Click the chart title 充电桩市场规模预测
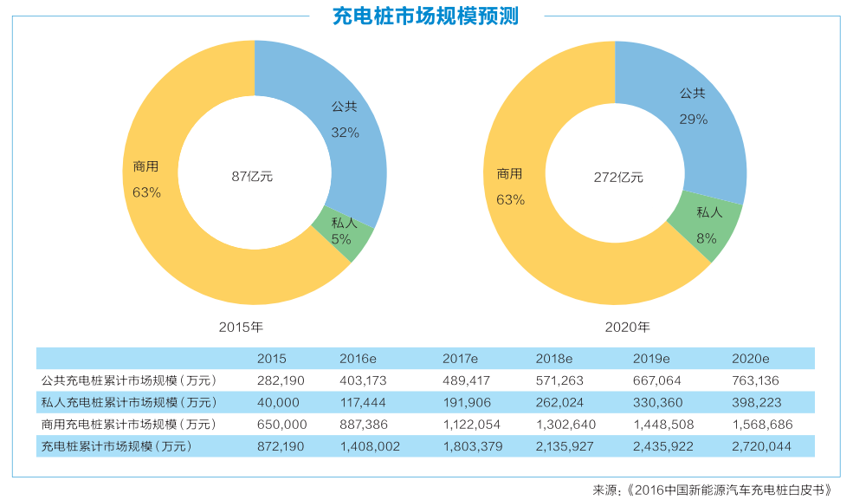pos(426,16)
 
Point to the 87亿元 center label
pos(252,176)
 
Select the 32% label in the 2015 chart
pos(345,133)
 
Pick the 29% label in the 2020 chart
pos(693,120)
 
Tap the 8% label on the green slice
pos(707,236)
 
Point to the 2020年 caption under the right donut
pos(627,328)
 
